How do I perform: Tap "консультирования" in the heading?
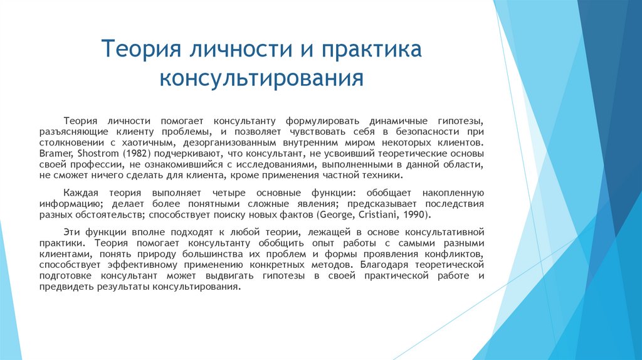pos(261,78)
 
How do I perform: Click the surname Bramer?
pos(56,152)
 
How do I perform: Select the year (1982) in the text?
pos(136,152)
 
